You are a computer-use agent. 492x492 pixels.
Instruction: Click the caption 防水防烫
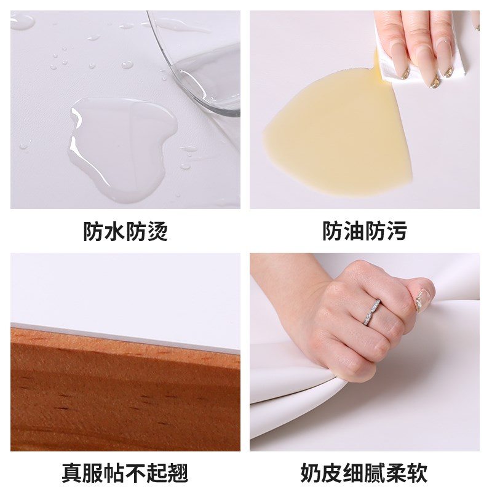click(125, 232)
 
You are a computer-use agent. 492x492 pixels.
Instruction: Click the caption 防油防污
click(365, 232)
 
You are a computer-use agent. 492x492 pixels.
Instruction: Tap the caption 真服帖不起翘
click(125, 474)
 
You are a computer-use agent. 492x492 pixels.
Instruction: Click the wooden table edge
click(123, 394)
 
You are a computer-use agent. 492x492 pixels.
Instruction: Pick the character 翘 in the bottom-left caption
click(177, 474)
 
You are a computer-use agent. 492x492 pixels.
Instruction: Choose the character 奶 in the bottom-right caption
click(312, 474)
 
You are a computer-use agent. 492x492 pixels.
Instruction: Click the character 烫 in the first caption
click(157, 232)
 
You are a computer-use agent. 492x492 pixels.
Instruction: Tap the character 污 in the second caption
click(396, 232)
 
